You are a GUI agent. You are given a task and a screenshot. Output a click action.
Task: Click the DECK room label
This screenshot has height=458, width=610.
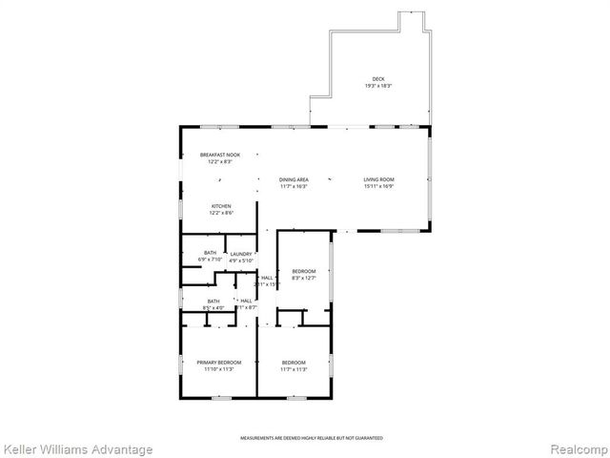pos(377,79)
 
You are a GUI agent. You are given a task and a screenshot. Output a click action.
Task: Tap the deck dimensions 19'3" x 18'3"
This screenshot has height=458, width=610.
pos(377,86)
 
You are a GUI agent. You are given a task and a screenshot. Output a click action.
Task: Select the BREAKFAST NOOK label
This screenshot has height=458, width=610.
pos(219,155)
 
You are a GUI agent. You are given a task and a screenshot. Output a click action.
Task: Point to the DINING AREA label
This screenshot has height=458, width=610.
pos(294,179)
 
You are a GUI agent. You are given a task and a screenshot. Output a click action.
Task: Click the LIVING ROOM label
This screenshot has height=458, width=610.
pos(378,179)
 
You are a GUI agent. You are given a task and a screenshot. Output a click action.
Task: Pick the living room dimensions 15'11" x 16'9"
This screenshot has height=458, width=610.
pos(378,186)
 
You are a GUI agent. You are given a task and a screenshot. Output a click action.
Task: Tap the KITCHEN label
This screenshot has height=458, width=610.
pos(220,205)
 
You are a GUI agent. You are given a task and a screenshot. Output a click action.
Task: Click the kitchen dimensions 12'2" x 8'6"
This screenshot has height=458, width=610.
pos(220,212)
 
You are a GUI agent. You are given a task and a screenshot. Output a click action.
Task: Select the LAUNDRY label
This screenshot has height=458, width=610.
pos(240,254)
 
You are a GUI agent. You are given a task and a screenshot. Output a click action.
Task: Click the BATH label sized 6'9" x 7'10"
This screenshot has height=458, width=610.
pos(210,253)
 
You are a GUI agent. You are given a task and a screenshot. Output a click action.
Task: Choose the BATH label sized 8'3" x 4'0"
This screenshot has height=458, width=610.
pos(213,301)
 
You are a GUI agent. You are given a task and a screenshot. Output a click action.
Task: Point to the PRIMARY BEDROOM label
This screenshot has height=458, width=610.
pos(219,362)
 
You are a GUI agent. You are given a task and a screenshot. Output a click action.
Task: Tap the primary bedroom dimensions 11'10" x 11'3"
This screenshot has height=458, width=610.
pos(219,368)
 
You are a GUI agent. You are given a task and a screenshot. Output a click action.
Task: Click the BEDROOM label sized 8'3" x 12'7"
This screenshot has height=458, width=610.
pos(303,271)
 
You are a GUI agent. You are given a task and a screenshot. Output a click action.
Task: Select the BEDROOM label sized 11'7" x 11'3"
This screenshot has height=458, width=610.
pos(294,362)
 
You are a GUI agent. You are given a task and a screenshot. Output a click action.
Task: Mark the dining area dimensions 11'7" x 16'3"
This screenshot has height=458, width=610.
pos(294,186)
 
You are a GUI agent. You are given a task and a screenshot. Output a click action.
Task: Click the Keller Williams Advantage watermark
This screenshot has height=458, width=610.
pos(77,448)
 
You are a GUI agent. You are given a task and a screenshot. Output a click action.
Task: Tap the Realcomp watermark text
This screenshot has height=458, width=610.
pos(576,448)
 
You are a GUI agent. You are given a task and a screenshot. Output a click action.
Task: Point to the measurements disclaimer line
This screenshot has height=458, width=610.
pos(304,437)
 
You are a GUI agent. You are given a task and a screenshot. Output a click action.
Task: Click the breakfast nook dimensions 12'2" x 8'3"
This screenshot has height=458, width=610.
pos(219,161)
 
